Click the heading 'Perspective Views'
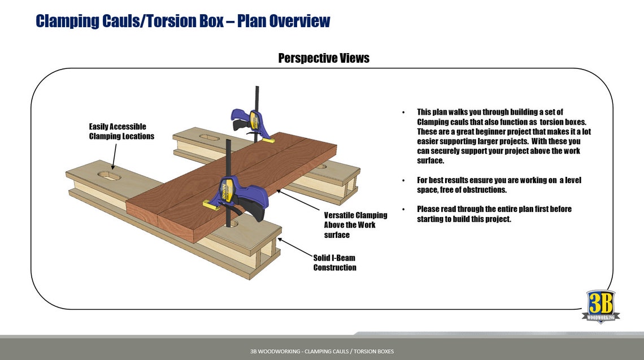(x=324, y=58)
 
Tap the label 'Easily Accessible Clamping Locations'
(x=121, y=131)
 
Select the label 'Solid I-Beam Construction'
(x=334, y=262)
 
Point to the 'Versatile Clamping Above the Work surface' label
(x=355, y=224)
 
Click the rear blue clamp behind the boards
(x=249, y=119)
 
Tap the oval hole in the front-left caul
(x=110, y=176)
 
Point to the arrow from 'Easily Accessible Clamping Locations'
(x=115, y=155)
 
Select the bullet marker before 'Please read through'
(x=403, y=209)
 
